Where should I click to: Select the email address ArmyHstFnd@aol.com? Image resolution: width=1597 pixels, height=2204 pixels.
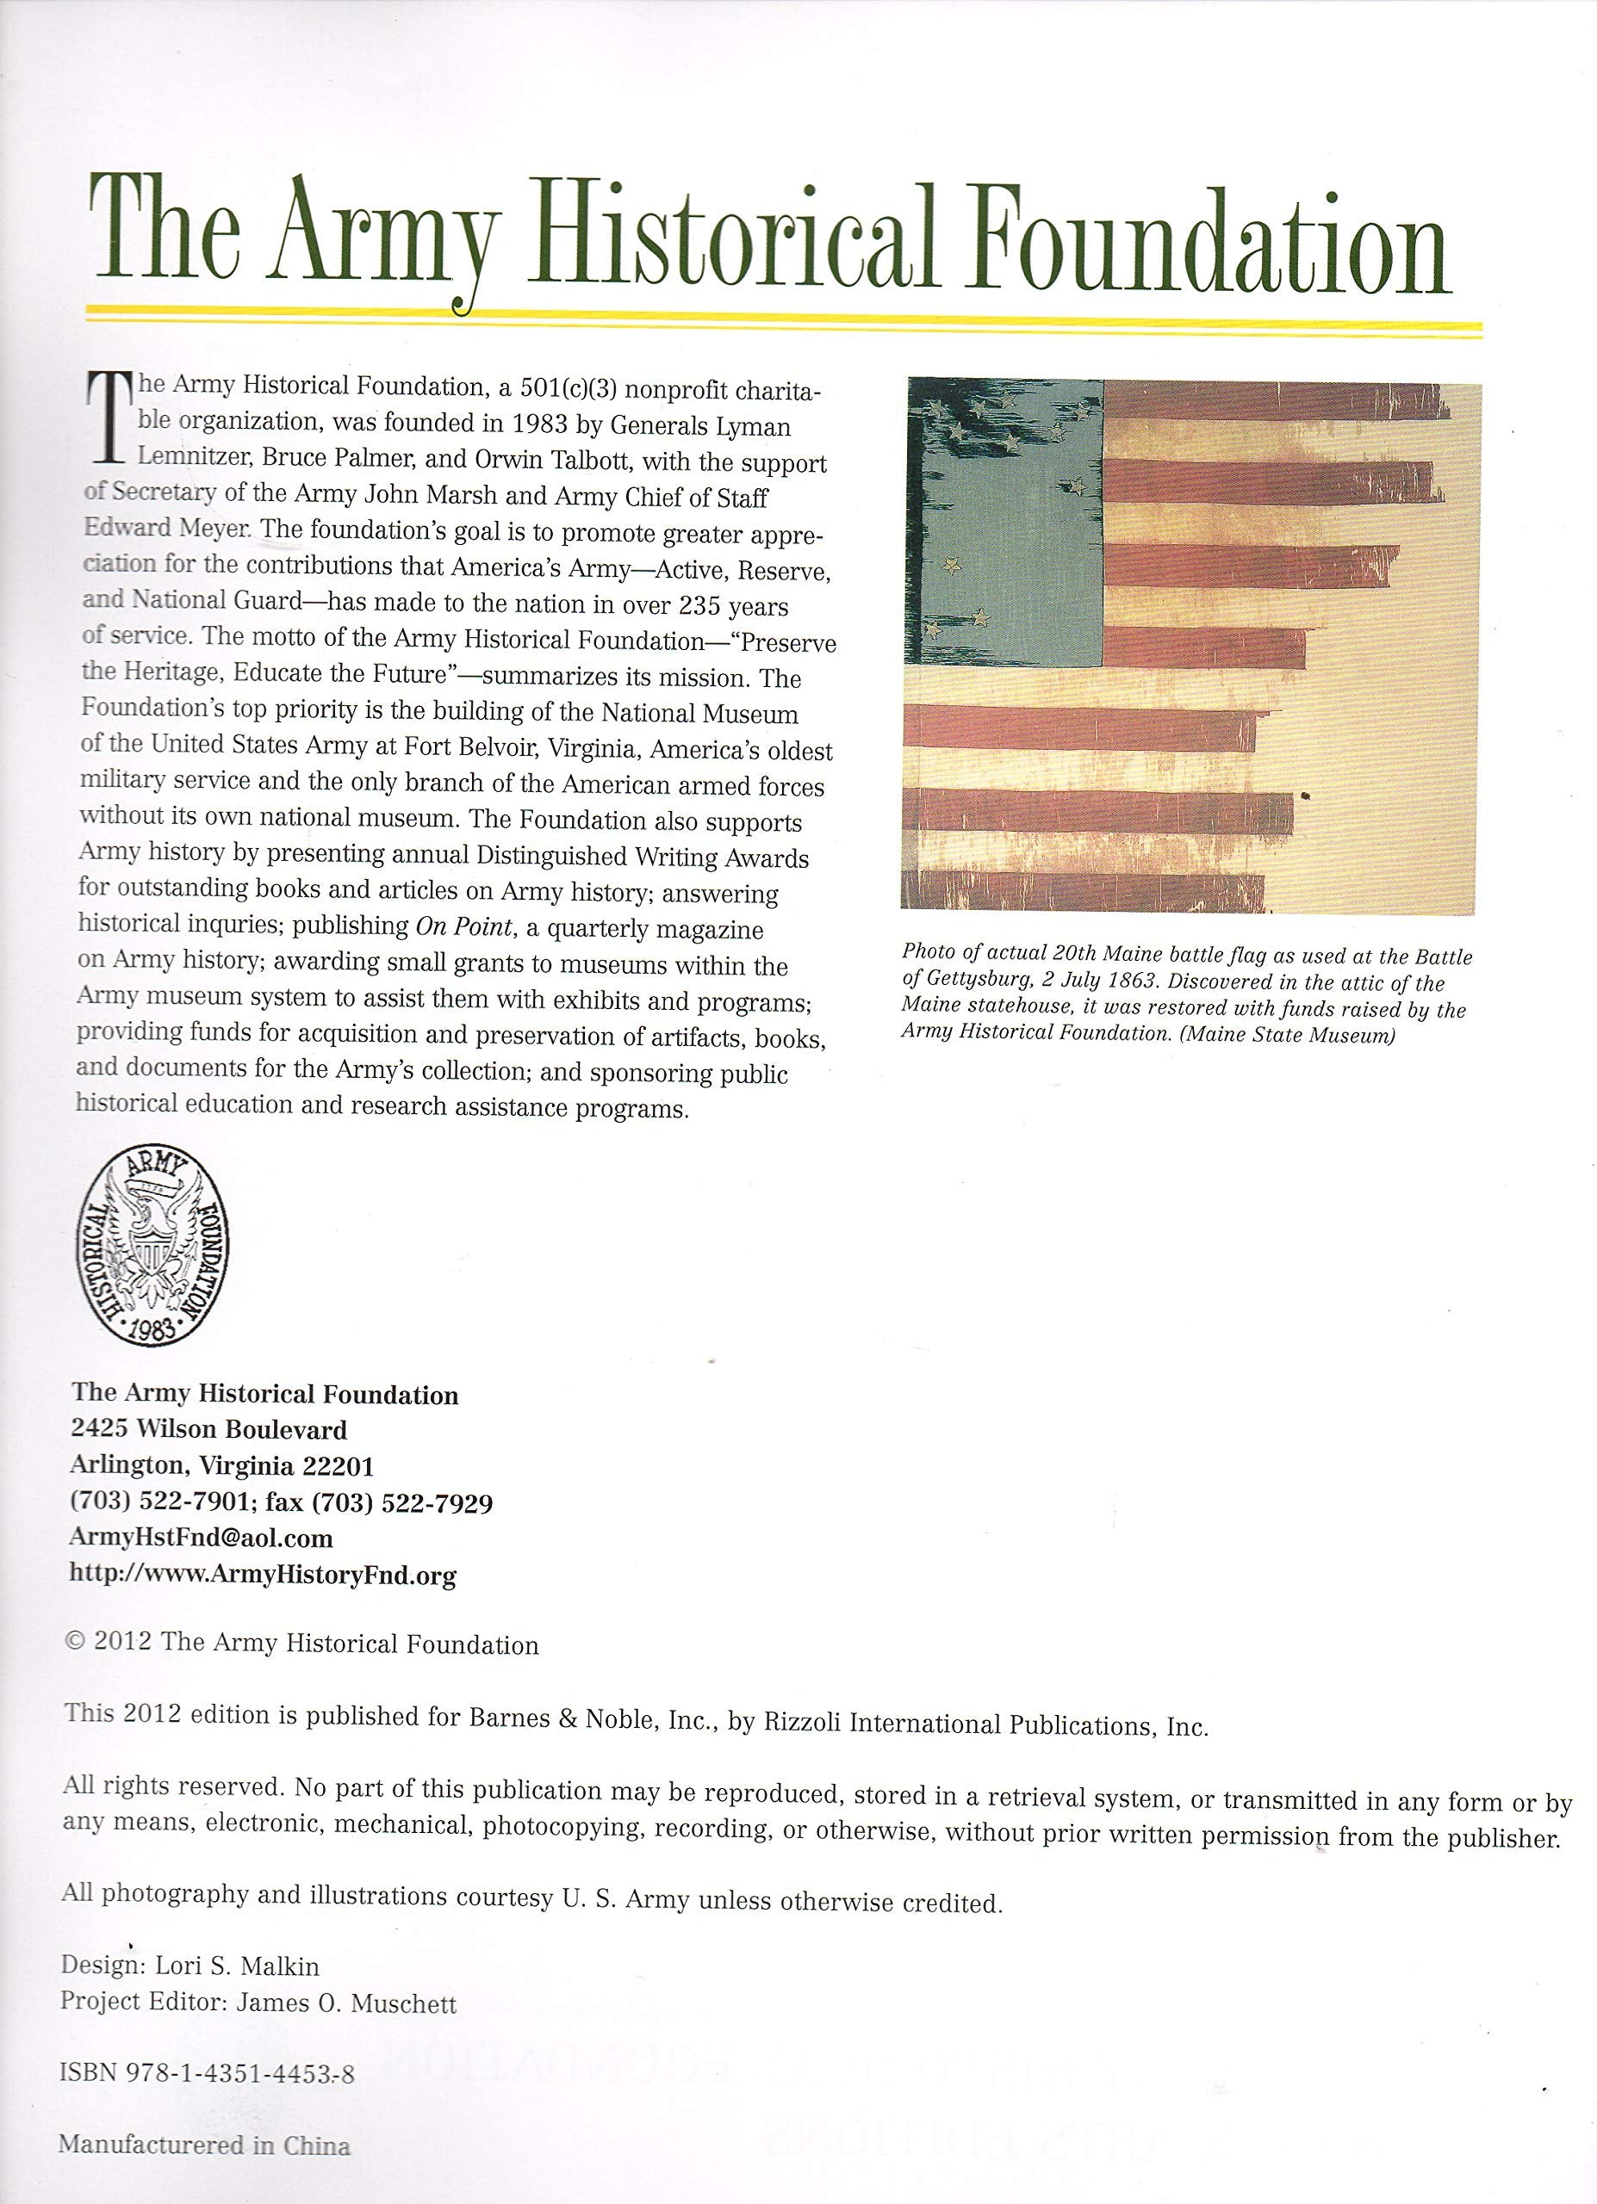[202, 1538]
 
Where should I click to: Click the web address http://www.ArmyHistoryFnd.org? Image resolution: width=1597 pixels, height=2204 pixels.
[263, 1573]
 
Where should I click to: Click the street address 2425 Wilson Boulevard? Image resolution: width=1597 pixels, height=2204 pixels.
[209, 1429]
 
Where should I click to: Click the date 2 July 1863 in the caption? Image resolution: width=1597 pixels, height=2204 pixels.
[1092, 982]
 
